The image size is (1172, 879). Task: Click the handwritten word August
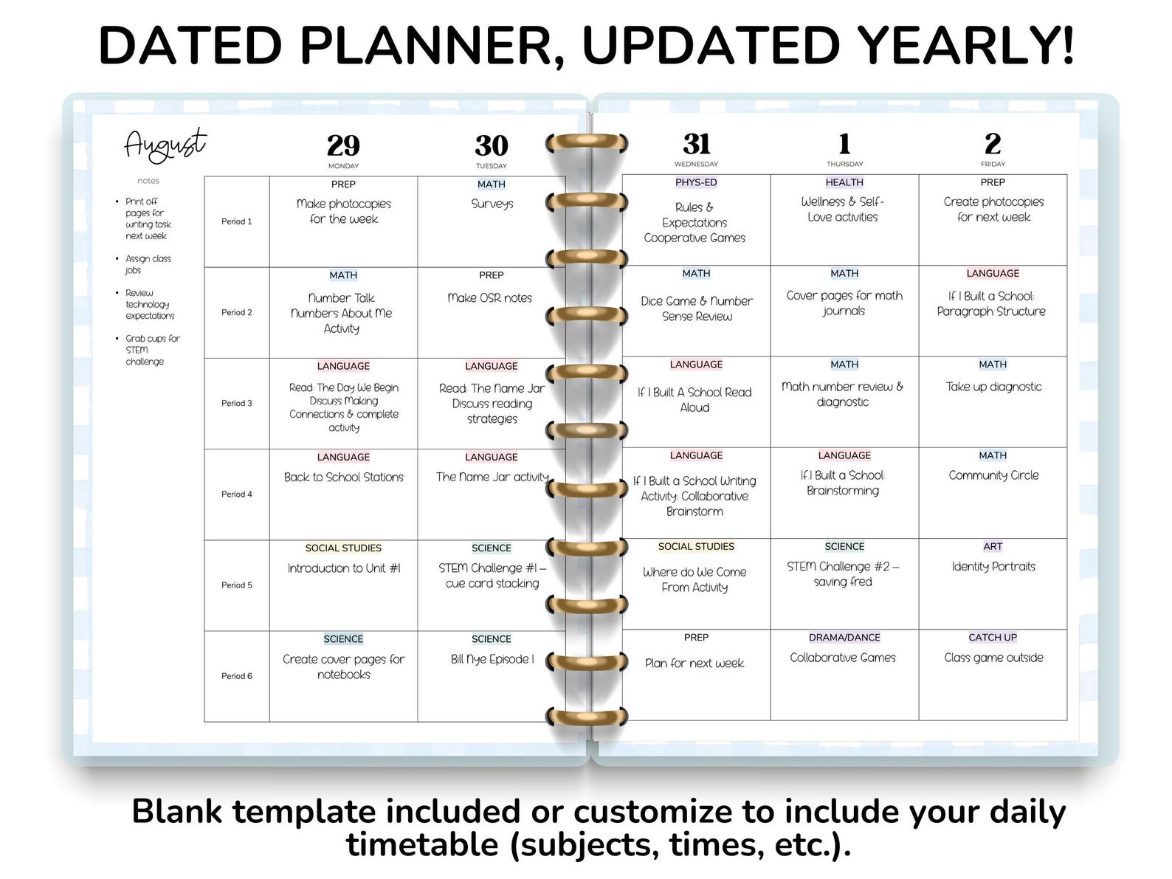[165, 145]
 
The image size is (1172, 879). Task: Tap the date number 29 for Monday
[343, 145]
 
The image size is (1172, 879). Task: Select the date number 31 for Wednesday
[696, 143]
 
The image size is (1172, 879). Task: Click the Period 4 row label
[237, 494]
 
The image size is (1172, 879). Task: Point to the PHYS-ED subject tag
[696, 182]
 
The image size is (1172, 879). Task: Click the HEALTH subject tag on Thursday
[844, 182]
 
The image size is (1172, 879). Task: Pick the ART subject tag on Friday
[993, 547]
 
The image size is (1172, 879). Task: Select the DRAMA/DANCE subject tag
[844, 638]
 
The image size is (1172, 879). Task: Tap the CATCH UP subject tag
[993, 638]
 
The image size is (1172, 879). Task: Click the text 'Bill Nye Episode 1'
[492, 660]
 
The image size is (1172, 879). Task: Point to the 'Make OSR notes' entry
[490, 298]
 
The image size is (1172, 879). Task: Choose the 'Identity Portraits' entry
[993, 567]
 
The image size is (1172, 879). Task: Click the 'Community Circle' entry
[993, 476]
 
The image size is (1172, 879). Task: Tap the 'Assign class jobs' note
[148, 264]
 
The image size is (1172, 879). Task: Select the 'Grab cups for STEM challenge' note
[151, 350]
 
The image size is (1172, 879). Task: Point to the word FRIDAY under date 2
[993, 165]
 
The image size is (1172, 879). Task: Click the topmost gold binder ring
[587, 142]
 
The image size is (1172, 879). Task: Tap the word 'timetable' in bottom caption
[422, 844]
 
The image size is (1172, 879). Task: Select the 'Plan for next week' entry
[694, 663]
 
